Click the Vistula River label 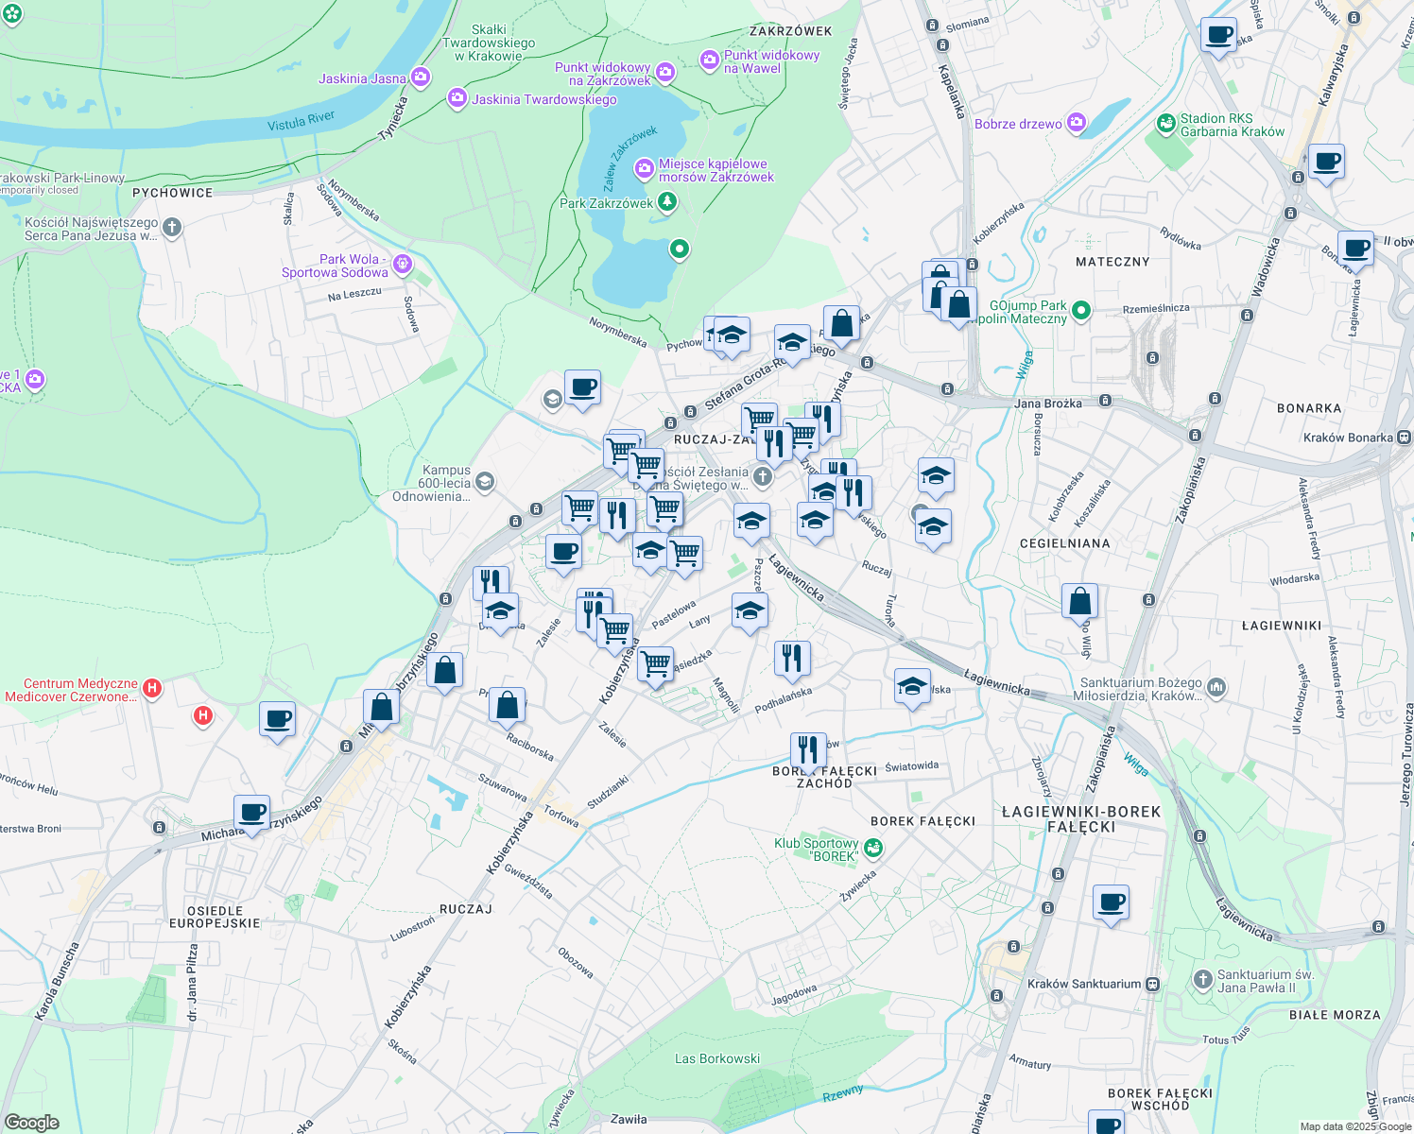301,121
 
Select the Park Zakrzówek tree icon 667,201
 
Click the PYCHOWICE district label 173,193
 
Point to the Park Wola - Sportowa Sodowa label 335,266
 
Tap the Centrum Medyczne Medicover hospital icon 152,689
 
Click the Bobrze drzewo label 1018,124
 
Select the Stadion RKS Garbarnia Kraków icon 1165,124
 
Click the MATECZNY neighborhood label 1112,262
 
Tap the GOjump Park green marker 1081,310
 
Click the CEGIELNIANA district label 1064,543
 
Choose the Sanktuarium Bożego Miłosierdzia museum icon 1216,688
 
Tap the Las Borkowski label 717,1058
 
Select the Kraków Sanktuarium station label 1084,984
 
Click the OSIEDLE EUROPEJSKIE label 215,917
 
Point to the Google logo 31,1123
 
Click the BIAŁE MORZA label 1335,1015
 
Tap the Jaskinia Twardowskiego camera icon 457,98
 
